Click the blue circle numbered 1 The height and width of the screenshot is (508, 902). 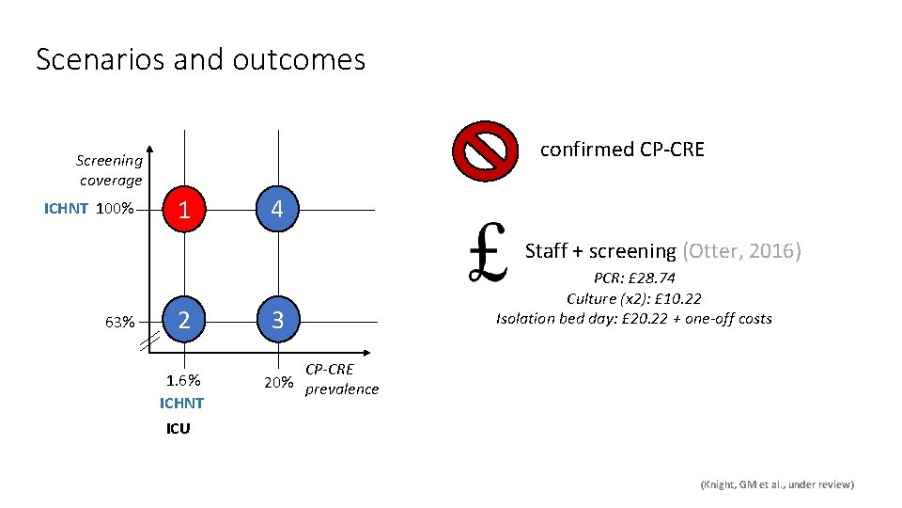pyautogui.click(x=185, y=209)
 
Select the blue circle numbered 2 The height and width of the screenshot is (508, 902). pyautogui.click(x=185, y=320)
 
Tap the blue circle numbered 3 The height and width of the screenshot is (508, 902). pyautogui.click(x=276, y=320)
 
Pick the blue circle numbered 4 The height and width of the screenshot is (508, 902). pyautogui.click(x=276, y=209)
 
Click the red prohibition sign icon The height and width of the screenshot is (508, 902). pyautogui.click(x=485, y=151)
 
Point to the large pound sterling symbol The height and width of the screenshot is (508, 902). pyautogui.click(x=489, y=252)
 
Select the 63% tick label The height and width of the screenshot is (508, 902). pyautogui.click(x=119, y=323)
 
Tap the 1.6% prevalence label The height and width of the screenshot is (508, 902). pyautogui.click(x=183, y=381)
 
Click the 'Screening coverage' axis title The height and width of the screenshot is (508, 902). pyautogui.click(x=110, y=170)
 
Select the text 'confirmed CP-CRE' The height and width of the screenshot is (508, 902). pyautogui.click(x=622, y=150)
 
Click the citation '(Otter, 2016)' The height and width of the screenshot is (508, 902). pyautogui.click(x=741, y=251)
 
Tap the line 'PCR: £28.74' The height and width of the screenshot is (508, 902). pyautogui.click(x=634, y=279)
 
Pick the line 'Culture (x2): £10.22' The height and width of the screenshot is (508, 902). pyautogui.click(x=634, y=299)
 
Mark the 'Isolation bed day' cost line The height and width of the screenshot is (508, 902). pyautogui.click(x=634, y=319)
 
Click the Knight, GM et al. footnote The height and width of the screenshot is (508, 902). pyautogui.click(x=777, y=484)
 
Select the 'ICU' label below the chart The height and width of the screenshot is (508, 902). pyautogui.click(x=178, y=429)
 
